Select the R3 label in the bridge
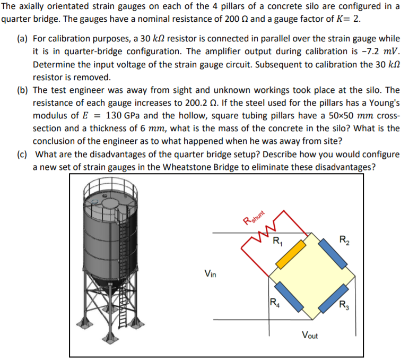tap(345, 305)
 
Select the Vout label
tap(311, 335)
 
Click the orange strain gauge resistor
tap(291, 254)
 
